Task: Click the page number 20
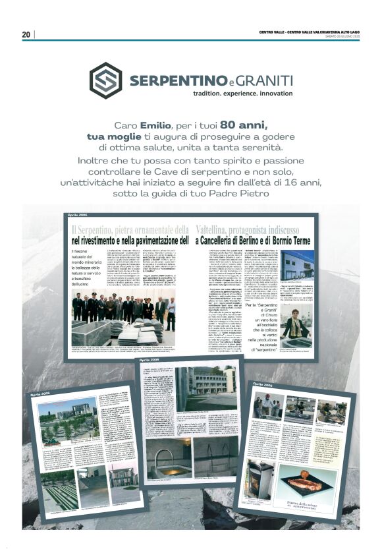pyautogui.click(x=26, y=34)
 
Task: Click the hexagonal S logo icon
pyautogui.click(x=105, y=80)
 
